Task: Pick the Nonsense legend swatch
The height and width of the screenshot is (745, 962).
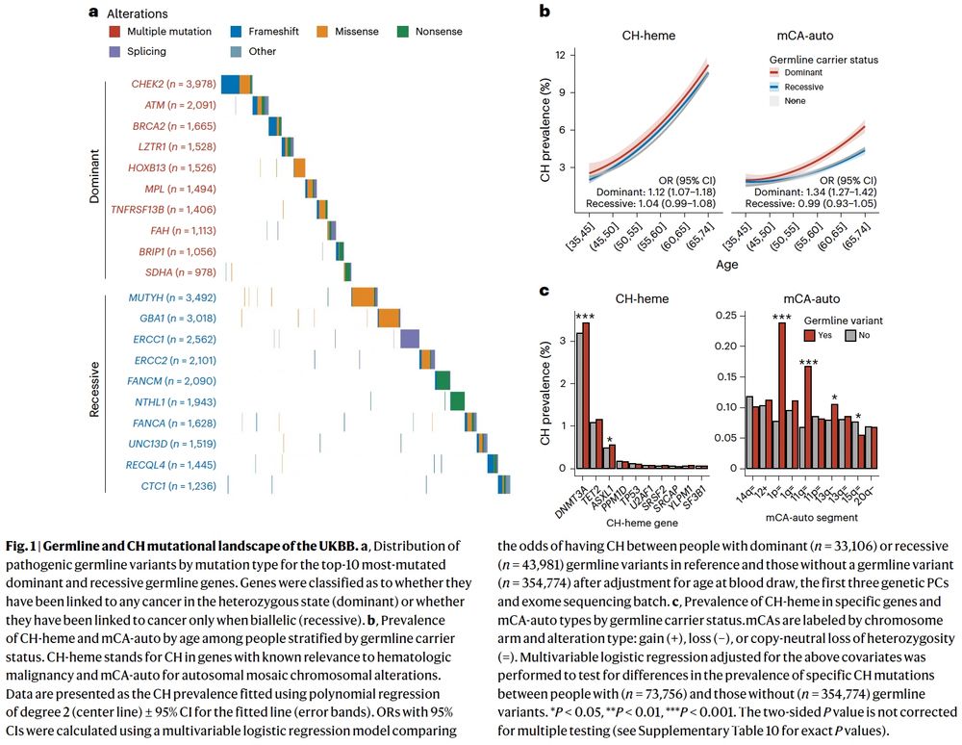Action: pyautogui.click(x=402, y=32)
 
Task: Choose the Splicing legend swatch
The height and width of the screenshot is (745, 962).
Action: pyautogui.click(x=115, y=51)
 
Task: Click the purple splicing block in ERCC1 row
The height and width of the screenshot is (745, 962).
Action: pyautogui.click(x=409, y=338)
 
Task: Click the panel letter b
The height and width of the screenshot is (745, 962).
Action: pyautogui.click(x=544, y=12)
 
